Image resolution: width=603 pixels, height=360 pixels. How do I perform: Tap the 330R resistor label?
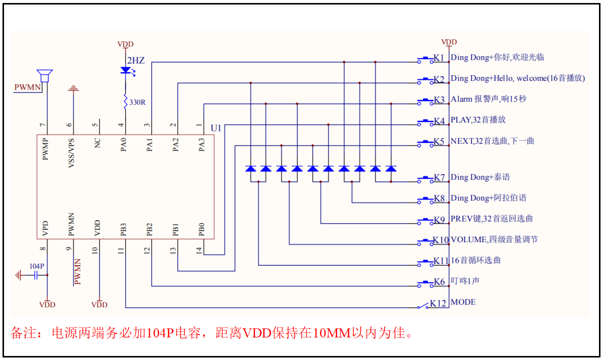coord(137,102)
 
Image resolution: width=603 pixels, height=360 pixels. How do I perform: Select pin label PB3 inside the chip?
coord(123,229)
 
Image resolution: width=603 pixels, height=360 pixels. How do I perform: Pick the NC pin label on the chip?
coord(98,143)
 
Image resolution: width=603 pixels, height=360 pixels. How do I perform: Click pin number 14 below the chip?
coord(200,249)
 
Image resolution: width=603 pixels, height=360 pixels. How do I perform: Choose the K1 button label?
coord(439,58)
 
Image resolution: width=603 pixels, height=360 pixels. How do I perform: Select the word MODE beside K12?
coord(463,302)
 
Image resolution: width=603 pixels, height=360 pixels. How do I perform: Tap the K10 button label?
coord(441,240)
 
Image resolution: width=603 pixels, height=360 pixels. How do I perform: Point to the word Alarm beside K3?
coord(462,99)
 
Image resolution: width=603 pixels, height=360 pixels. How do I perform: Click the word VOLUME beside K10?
coord(468,240)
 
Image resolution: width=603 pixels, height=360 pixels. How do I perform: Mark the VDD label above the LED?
coord(125,44)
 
